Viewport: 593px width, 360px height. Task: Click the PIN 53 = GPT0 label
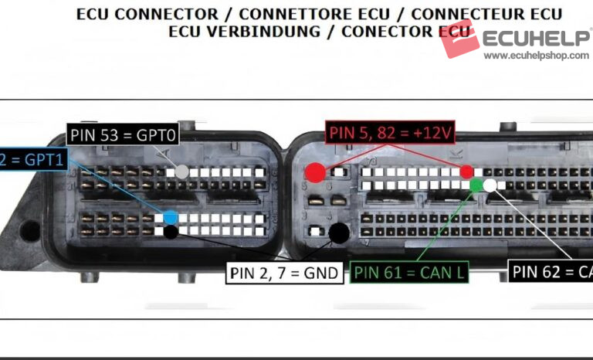tap(124, 135)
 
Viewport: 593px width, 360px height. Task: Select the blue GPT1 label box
tap(32, 160)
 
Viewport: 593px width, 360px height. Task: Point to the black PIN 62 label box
tap(551, 271)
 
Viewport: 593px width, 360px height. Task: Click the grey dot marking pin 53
tap(182, 172)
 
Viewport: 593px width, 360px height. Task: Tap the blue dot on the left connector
tap(170, 218)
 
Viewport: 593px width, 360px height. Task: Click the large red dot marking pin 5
tap(314, 172)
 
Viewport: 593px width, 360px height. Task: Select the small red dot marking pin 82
tap(466, 172)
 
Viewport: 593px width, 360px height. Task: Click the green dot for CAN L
tap(476, 185)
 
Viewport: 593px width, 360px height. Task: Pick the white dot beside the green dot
tap(490, 185)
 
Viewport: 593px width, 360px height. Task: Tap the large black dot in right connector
tap(338, 231)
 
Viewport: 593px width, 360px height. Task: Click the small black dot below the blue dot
tap(170, 230)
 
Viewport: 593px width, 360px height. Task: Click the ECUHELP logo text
tap(537, 37)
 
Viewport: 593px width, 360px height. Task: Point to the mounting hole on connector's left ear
tap(30, 229)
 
